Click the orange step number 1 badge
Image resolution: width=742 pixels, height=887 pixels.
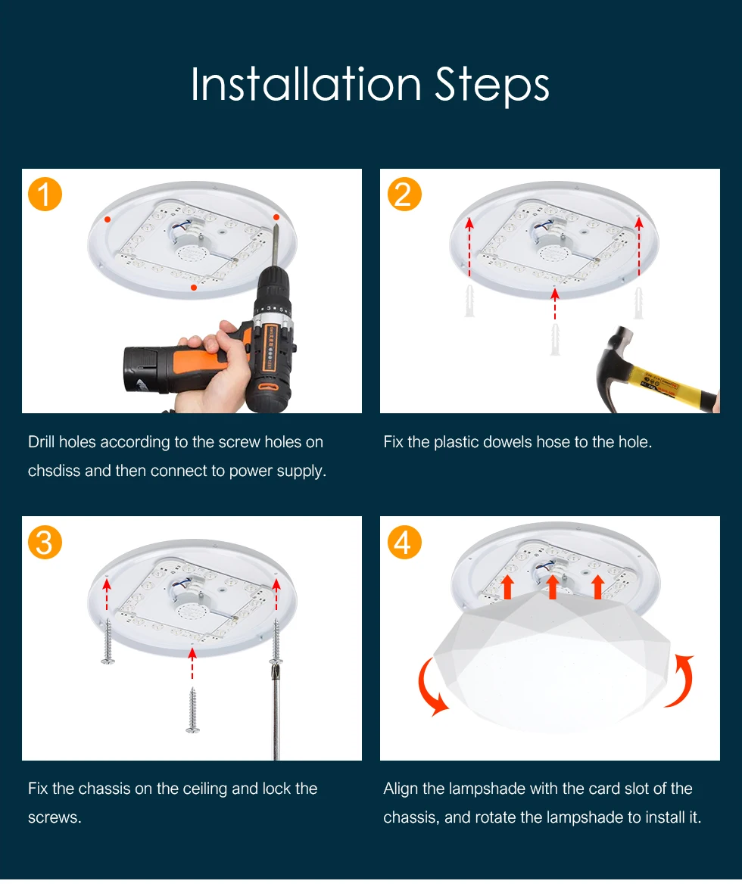pyautogui.click(x=45, y=195)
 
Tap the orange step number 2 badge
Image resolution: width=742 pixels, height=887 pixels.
pyautogui.click(x=404, y=195)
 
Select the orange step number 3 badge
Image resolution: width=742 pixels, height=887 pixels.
pyautogui.click(x=45, y=543)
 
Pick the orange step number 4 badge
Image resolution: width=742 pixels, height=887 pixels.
pyautogui.click(x=404, y=543)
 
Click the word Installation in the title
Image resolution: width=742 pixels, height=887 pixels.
pyautogui.click(x=306, y=84)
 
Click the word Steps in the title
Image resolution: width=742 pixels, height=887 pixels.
pyautogui.click(x=492, y=86)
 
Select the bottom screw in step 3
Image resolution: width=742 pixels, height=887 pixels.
pyautogui.click(x=192, y=710)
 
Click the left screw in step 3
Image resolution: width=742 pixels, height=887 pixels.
pyautogui.click(x=108, y=641)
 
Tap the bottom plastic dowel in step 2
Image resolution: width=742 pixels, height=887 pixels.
pyautogui.click(x=555, y=339)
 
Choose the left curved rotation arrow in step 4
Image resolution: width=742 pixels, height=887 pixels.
pyautogui.click(x=429, y=687)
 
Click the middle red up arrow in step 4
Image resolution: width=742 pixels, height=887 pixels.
pyautogui.click(x=553, y=587)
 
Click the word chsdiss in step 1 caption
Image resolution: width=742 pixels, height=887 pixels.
pyautogui.click(x=54, y=471)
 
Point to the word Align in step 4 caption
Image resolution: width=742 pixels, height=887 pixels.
pyautogui.click(x=401, y=789)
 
